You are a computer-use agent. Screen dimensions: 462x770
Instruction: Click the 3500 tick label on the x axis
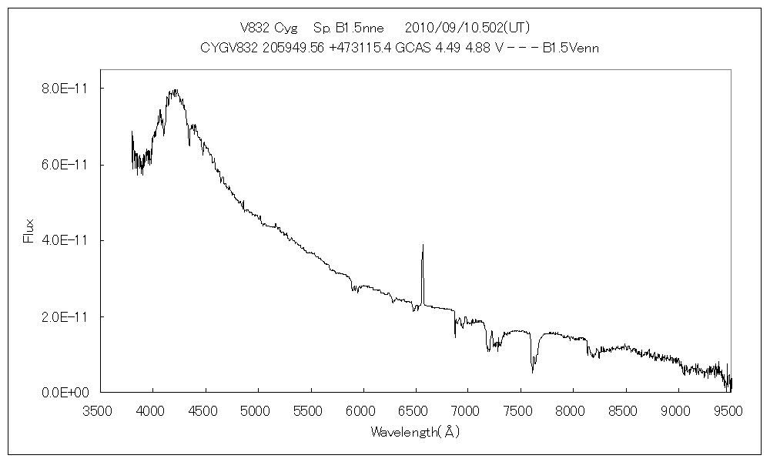99,410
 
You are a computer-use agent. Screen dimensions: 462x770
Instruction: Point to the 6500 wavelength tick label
414,410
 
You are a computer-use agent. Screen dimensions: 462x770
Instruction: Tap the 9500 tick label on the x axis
729,410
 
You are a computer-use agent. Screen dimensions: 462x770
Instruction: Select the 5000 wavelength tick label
257,410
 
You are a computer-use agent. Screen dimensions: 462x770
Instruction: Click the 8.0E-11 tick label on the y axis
65,89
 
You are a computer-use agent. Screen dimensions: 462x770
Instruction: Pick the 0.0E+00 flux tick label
65,393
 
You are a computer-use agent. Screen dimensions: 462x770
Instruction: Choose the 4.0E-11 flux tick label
65,240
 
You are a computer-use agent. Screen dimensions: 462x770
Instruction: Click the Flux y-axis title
29,231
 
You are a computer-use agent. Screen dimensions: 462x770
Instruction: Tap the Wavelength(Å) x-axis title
415,432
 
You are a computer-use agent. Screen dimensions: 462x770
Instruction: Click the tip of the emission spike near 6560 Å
423,245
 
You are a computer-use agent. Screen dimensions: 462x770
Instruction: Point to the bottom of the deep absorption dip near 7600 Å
533,372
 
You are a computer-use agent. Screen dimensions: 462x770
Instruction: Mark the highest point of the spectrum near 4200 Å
176,90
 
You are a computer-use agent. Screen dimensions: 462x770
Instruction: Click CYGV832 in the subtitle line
226,48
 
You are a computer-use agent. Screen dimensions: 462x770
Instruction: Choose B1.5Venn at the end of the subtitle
571,48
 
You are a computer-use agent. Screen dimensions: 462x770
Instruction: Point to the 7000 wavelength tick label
467,410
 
